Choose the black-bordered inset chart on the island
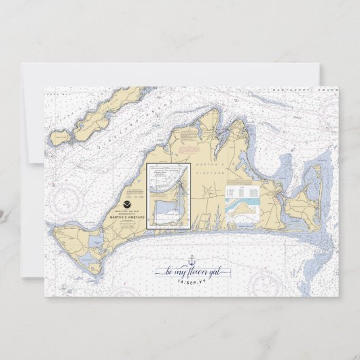[168, 196]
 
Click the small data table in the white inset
[242, 191]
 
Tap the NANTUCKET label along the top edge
[286, 89]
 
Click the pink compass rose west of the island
[67, 198]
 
